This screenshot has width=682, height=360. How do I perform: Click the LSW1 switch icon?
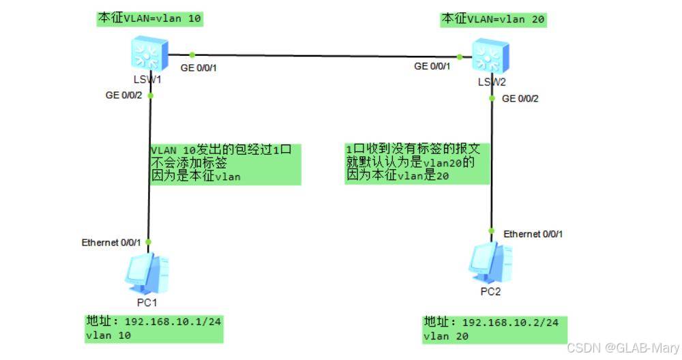pyautogui.click(x=149, y=54)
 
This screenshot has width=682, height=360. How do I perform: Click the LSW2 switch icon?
pyautogui.click(x=490, y=56)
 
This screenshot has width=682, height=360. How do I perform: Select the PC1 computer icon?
pyautogui.click(x=147, y=274)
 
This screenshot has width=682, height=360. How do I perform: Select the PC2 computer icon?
pyautogui.click(x=490, y=262)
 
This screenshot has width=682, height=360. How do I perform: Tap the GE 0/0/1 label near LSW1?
pyautogui.click(x=198, y=67)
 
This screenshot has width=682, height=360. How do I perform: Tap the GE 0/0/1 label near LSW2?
pyautogui.click(x=432, y=66)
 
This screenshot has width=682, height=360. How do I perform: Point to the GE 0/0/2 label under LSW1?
pyautogui.click(x=123, y=95)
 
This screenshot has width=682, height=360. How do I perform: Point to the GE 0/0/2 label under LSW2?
pyautogui.click(x=520, y=99)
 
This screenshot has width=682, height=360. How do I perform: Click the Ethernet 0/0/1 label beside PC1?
pyautogui.click(x=111, y=242)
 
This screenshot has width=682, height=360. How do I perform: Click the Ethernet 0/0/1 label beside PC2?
pyautogui.click(x=533, y=234)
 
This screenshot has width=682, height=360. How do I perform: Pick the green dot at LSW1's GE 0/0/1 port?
pyautogui.click(x=192, y=55)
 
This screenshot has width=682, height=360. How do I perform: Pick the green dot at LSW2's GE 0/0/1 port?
pyautogui.click(x=459, y=57)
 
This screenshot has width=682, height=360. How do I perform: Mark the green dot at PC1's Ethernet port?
pyautogui.click(x=148, y=242)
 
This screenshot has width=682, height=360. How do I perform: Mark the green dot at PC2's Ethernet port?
pyautogui.click(x=492, y=231)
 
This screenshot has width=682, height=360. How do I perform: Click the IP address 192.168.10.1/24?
pyautogui.click(x=173, y=322)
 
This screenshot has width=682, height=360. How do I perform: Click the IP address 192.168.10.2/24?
pyautogui.click(x=510, y=322)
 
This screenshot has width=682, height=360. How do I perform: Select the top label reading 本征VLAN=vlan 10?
pyautogui.click(x=149, y=18)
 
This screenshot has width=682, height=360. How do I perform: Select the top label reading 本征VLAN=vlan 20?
pyautogui.click(x=493, y=19)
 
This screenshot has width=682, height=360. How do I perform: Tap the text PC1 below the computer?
pyautogui.click(x=147, y=303)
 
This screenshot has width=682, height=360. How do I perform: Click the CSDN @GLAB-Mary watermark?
pyautogui.click(x=623, y=348)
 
